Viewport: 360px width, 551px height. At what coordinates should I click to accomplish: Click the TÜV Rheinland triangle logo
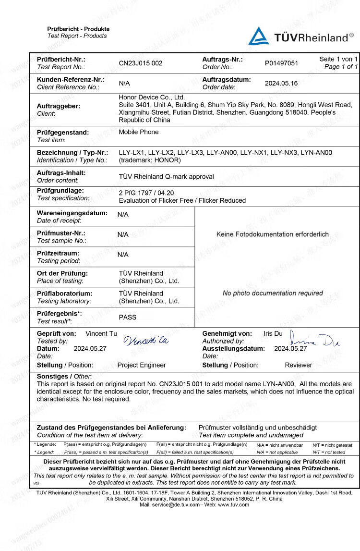pyautogui.click(x=259, y=36)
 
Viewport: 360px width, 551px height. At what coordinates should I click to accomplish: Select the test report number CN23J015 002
pyautogui.click(x=141, y=63)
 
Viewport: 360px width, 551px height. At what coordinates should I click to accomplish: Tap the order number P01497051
pyautogui.click(x=281, y=63)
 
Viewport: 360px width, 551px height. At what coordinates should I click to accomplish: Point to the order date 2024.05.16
pyautogui.click(x=281, y=83)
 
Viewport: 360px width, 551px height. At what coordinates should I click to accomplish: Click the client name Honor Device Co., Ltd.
pyautogui.click(x=152, y=97)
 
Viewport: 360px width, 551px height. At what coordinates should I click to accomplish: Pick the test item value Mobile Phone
pyautogui.click(x=139, y=132)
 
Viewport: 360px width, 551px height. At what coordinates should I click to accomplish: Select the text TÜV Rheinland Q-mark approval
pyautogui.click(x=167, y=176)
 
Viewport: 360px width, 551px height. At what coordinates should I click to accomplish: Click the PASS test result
pyautogui.click(x=128, y=317)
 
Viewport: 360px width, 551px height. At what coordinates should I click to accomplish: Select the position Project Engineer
pyautogui.click(x=142, y=365)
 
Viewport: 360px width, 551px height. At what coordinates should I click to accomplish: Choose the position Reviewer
pyautogui.click(x=299, y=365)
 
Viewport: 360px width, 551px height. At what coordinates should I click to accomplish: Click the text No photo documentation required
pyautogui.click(x=273, y=293)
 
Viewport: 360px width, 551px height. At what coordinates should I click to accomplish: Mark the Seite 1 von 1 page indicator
pyautogui.click(x=339, y=59)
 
